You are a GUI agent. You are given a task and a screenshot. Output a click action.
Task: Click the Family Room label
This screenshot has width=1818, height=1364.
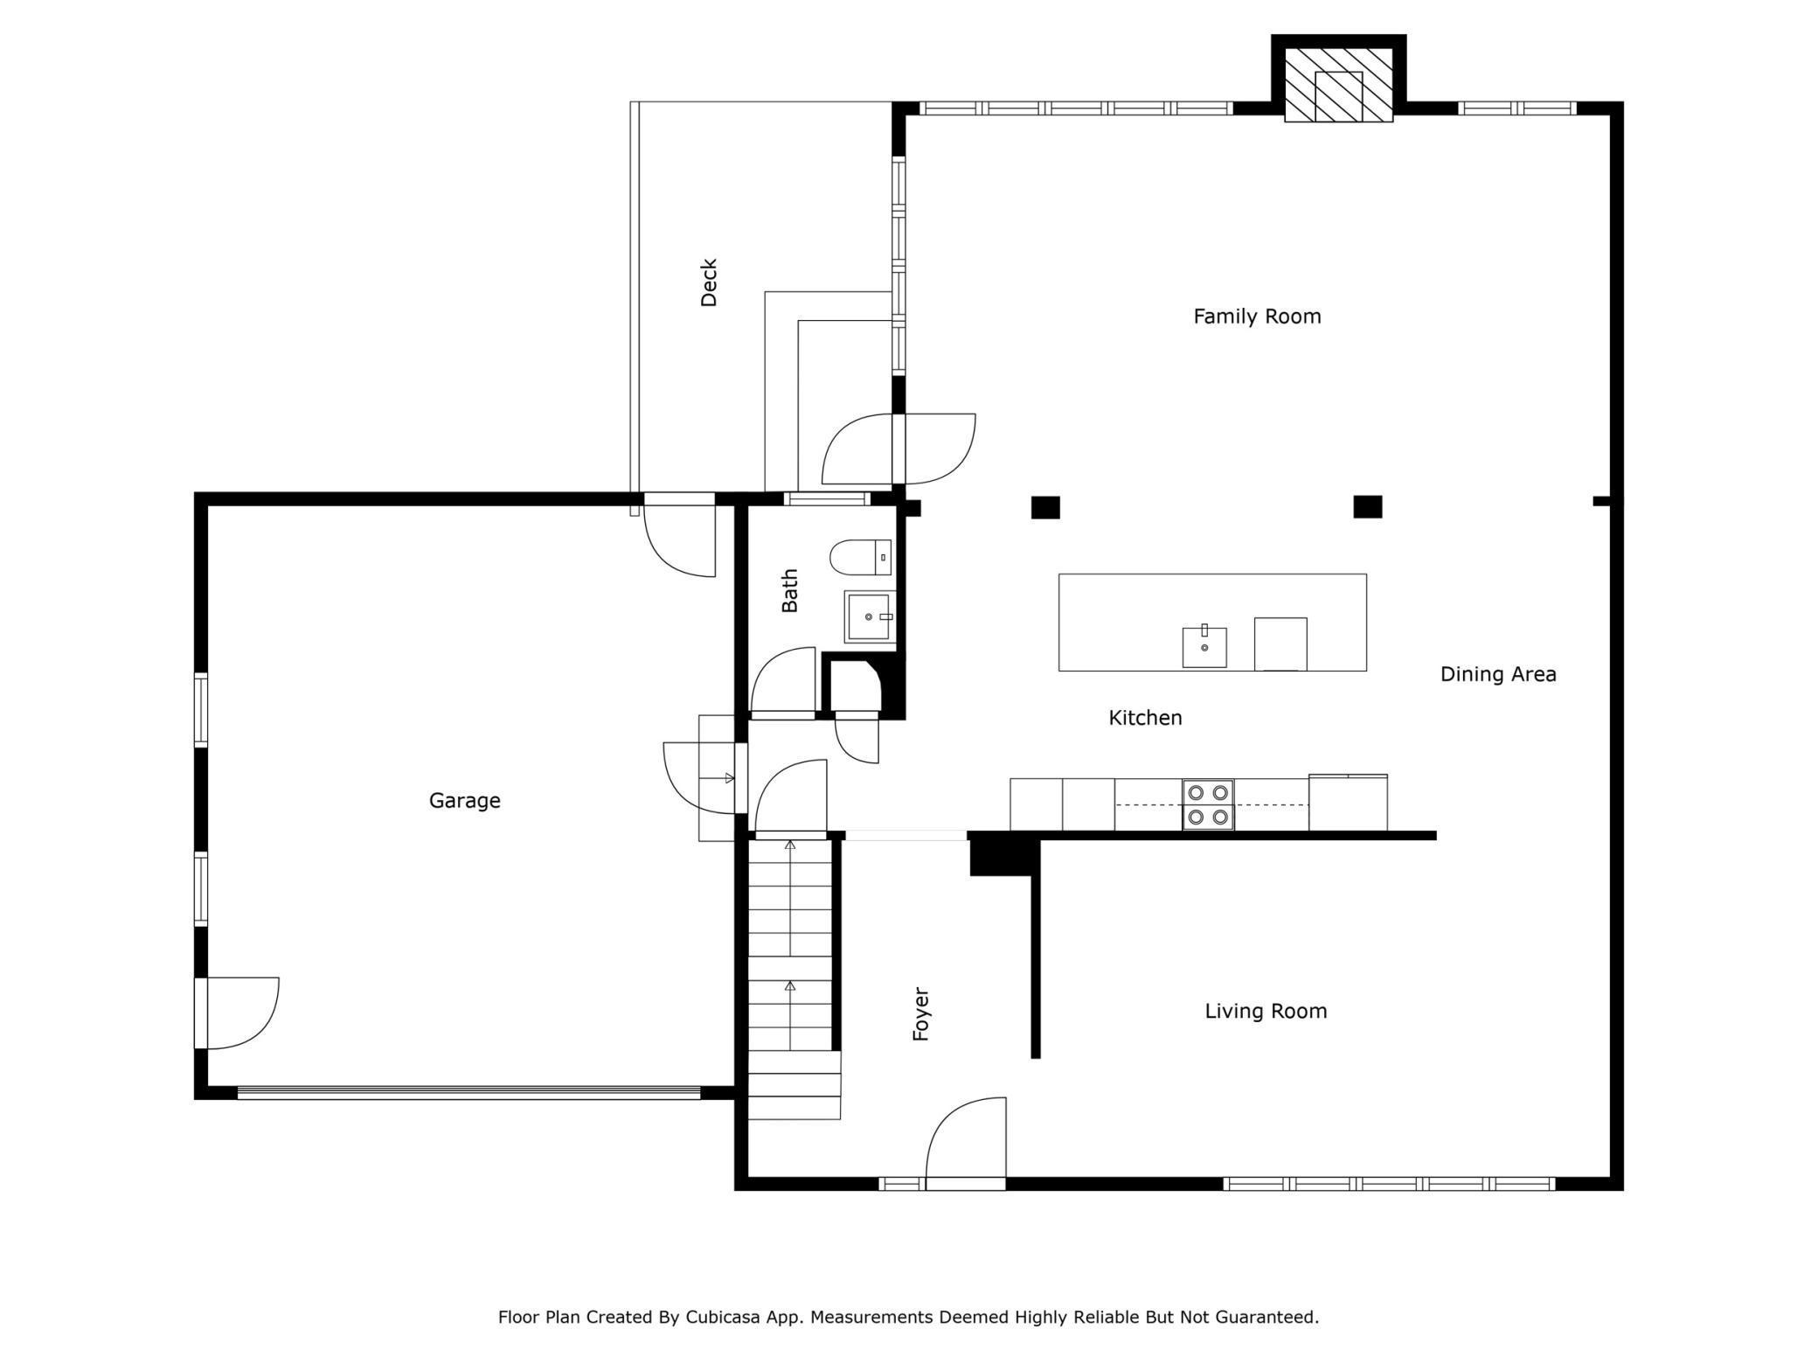pos(1257,317)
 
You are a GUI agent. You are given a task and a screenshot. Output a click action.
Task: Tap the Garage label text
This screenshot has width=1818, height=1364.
pos(464,800)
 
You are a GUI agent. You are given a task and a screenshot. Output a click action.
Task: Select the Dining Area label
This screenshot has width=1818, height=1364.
pos(1497,674)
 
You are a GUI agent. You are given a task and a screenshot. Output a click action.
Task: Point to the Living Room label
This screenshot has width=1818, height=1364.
pos(1265,1011)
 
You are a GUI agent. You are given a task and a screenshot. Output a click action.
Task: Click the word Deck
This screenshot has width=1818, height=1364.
pos(709,282)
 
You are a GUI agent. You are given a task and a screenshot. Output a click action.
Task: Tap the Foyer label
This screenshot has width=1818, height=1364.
pos(920,1014)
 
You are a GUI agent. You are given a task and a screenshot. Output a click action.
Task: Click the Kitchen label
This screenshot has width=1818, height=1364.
pos(1145,718)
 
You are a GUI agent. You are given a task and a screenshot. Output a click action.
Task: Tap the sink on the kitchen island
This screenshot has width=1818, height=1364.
pos(1204,647)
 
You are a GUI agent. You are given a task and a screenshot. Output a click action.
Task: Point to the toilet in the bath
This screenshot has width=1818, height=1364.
pos(860,557)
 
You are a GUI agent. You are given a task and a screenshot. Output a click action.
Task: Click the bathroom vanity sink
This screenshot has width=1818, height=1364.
pos(869,616)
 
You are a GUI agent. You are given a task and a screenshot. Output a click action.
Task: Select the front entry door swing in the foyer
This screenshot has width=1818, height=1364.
pos(966,1141)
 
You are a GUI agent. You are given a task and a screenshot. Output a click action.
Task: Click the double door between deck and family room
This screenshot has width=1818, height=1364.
pos(899,449)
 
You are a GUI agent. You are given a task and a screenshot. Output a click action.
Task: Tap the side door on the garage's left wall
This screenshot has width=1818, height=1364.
pos(238,1013)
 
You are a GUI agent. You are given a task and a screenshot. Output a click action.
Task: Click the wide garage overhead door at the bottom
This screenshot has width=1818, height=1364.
pos(469,1092)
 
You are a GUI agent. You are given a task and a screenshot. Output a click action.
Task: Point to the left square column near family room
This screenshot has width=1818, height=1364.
pos(1045,507)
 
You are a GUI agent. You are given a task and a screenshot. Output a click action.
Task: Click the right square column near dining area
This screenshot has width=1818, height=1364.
pos(1367,506)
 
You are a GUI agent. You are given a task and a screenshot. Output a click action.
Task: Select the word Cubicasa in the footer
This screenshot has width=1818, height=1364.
pos(720,1317)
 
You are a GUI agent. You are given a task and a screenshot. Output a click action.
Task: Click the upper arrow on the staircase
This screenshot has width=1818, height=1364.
pos(790,846)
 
